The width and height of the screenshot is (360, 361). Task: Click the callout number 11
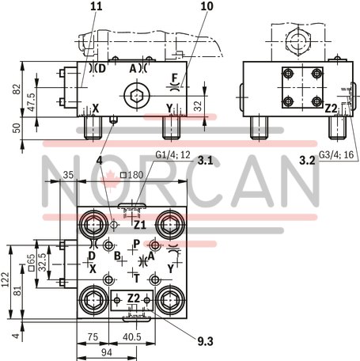pyautogui.click(x=96, y=6)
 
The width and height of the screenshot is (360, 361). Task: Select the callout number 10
pyautogui.click(x=207, y=6)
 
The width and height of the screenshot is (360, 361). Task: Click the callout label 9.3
pyautogui.click(x=206, y=341)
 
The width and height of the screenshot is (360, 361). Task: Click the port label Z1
pyautogui.click(x=139, y=224)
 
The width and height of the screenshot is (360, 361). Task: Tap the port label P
pyautogui.click(x=136, y=244)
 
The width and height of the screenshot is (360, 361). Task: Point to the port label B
pyautogui.click(x=116, y=256)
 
